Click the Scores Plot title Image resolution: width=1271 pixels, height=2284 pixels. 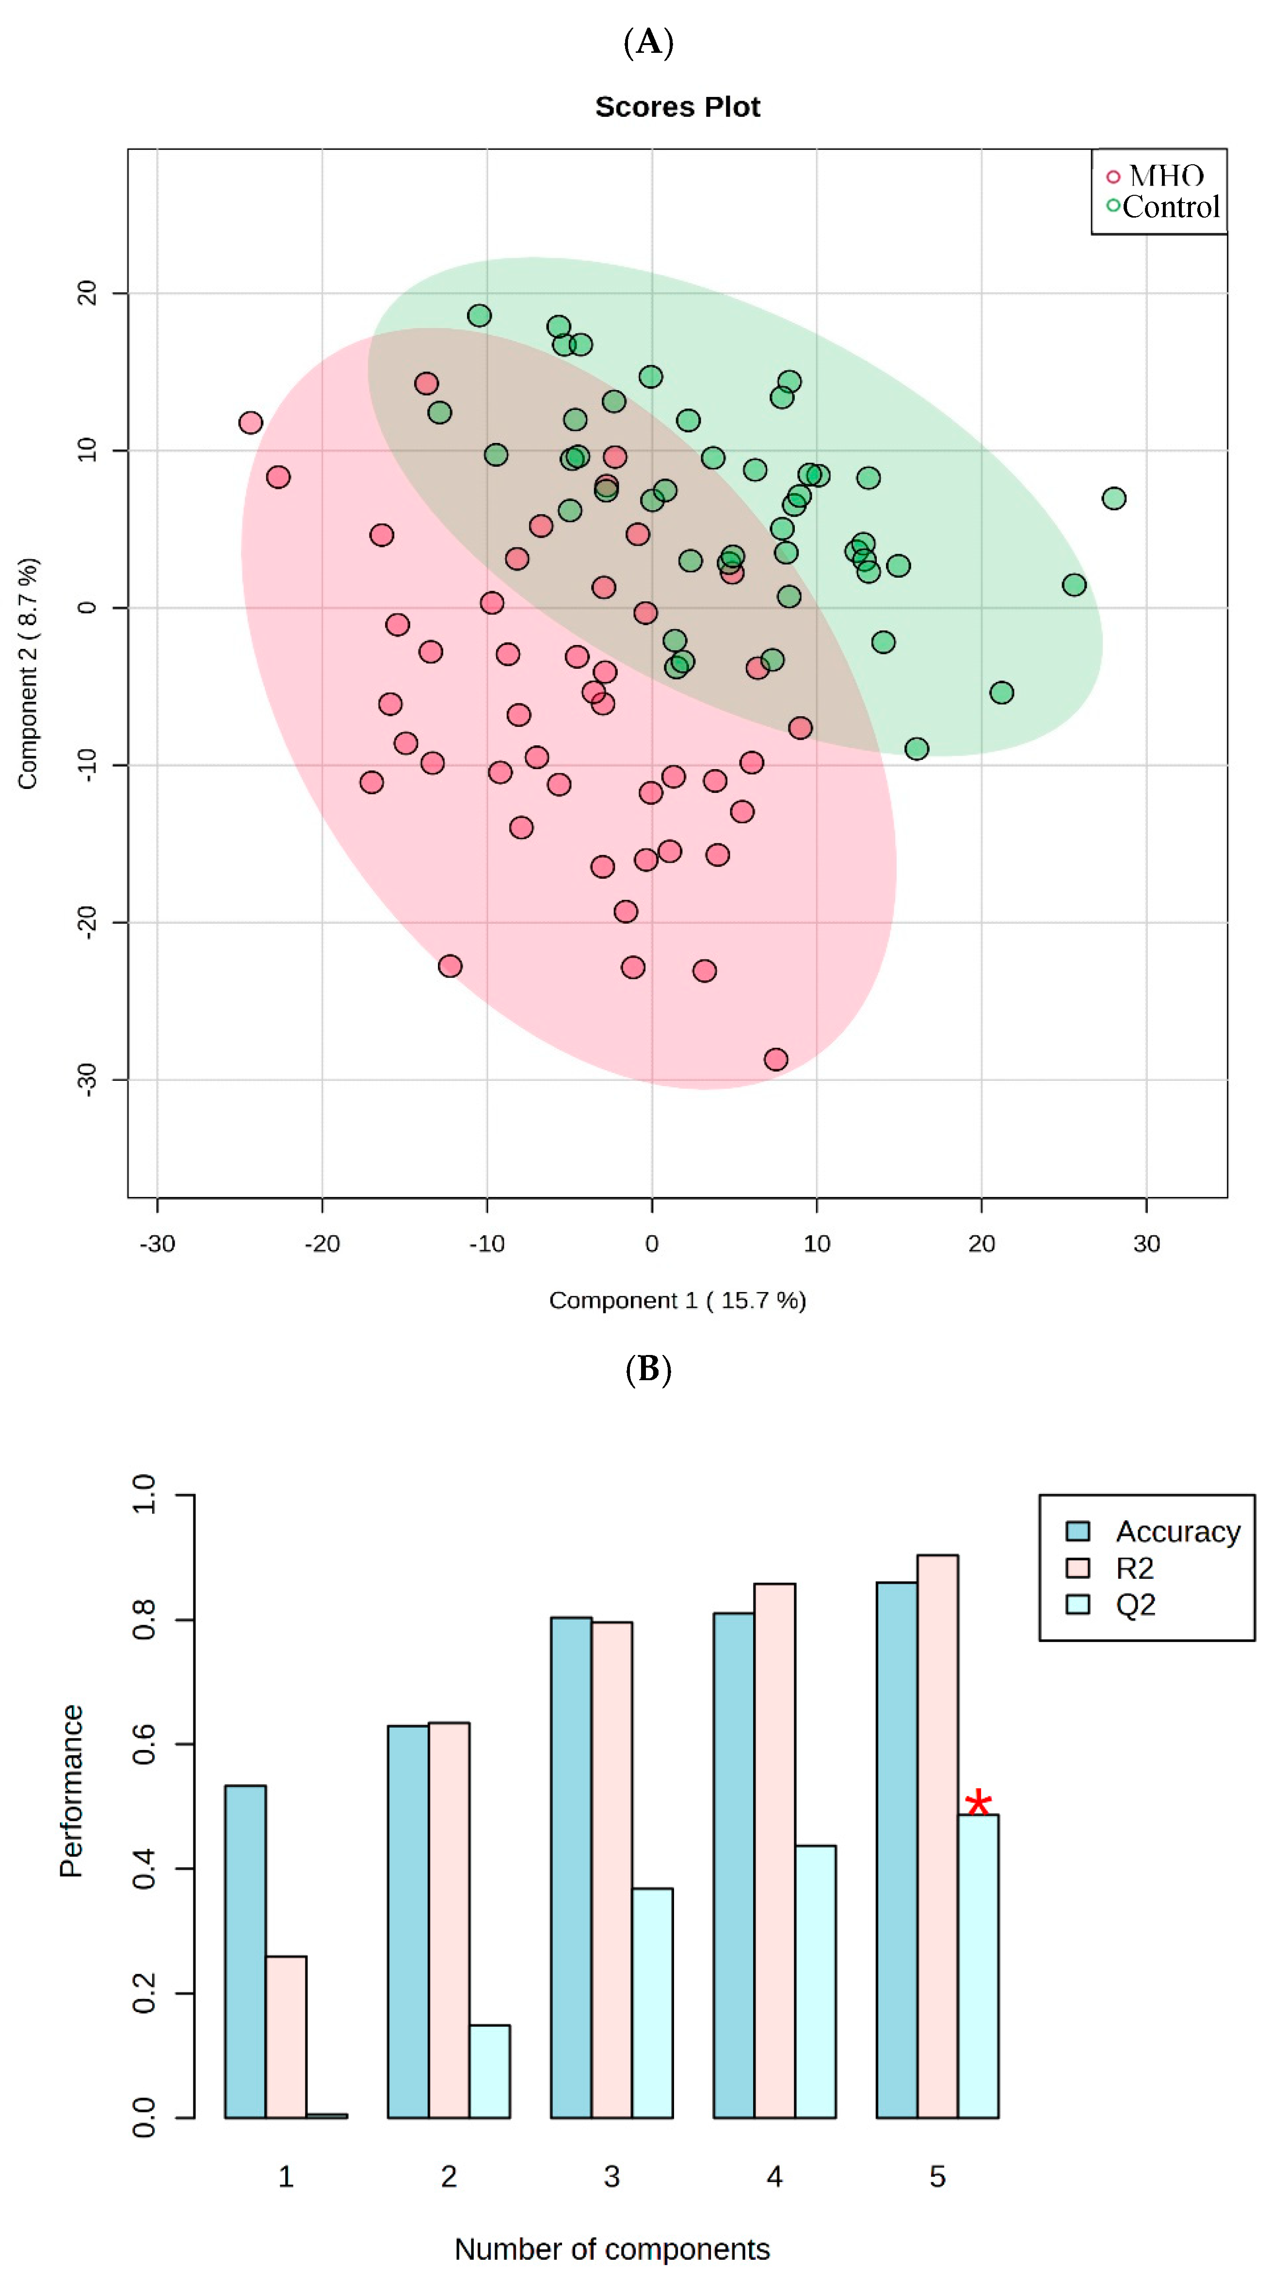click(677, 107)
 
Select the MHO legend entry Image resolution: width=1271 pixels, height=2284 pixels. click(1156, 175)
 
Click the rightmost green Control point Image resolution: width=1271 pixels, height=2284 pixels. click(1113, 498)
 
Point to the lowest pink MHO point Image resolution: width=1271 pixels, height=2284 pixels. click(775, 1059)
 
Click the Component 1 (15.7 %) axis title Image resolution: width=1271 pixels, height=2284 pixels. click(677, 1300)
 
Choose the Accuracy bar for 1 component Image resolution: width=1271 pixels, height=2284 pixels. click(245, 1952)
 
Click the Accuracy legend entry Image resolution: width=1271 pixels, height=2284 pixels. click(1153, 1531)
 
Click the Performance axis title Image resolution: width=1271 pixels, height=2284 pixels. click(71, 1791)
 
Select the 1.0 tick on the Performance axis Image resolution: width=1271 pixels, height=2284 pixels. click(144, 1495)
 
